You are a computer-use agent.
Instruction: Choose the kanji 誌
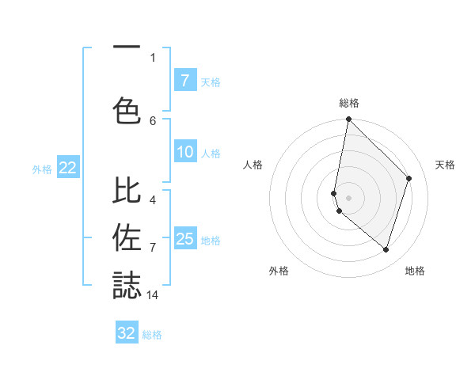(127, 285)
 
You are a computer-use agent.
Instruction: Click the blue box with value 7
(184, 80)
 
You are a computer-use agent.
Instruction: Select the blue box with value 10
(184, 152)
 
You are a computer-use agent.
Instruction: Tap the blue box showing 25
(184, 239)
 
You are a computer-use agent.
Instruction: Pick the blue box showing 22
(68, 168)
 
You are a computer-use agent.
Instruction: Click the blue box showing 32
(127, 333)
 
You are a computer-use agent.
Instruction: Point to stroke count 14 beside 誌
(153, 295)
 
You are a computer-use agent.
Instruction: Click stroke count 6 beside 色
(153, 120)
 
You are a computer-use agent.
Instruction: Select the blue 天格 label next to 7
(211, 82)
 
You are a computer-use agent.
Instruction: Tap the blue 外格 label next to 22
(42, 169)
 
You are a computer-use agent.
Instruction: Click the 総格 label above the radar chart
(349, 103)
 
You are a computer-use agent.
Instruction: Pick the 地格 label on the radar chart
(415, 271)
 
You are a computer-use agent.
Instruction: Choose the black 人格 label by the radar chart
(253, 165)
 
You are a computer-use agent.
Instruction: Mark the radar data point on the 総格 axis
(349, 120)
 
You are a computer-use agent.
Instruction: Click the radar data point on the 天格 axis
(409, 178)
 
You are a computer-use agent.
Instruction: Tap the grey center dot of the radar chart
(349, 197)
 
